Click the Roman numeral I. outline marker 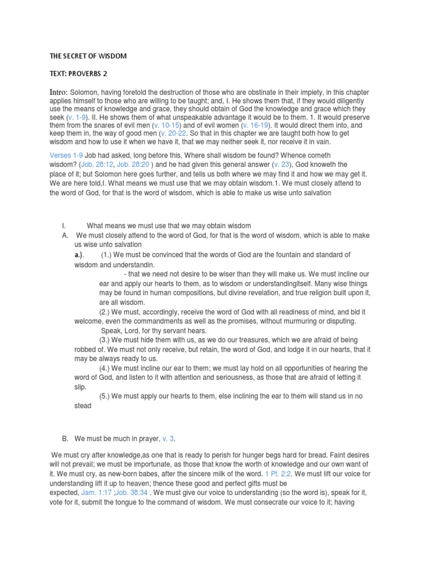tap(64, 226)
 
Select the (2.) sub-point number tap(107, 311)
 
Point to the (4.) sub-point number tap(107, 368)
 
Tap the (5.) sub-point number tap(107, 396)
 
